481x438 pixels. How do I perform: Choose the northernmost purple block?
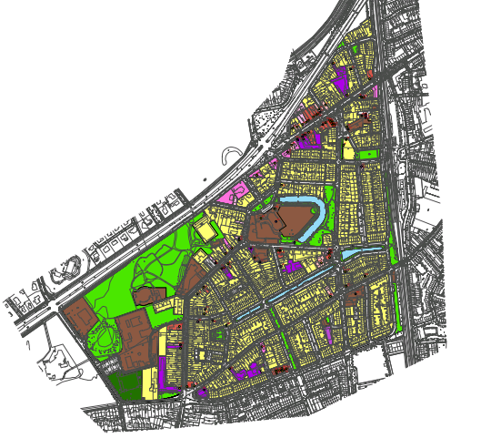point(342,79)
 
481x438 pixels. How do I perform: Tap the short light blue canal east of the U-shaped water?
point(364,249)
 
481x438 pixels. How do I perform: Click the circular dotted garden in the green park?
point(105,337)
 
